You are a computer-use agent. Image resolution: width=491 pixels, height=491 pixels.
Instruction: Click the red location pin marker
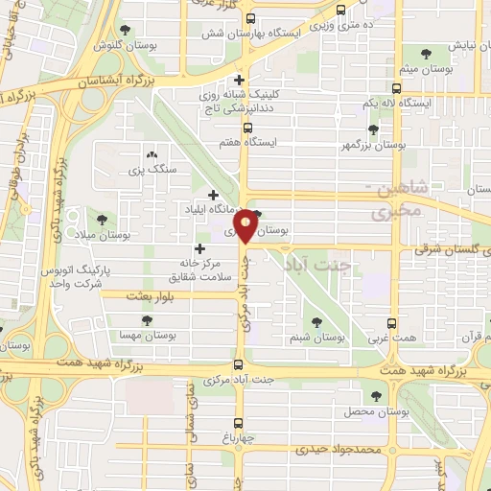tap(246, 226)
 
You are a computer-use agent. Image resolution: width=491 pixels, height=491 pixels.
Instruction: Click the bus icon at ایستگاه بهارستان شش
tap(250, 18)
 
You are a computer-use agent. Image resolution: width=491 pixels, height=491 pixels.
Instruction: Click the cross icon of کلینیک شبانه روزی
tap(239, 80)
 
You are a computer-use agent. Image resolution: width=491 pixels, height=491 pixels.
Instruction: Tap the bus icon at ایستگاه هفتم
tap(247, 127)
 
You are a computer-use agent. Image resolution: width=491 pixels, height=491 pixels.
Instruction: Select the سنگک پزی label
tap(148, 171)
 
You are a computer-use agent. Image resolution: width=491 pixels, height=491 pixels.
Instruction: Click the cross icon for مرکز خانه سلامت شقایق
tap(199, 249)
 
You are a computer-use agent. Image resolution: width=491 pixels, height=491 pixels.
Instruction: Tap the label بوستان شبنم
tap(316, 339)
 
